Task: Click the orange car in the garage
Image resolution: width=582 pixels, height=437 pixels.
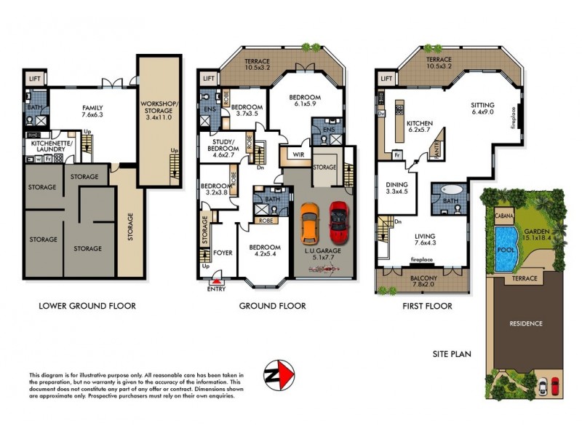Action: pyautogui.click(x=310, y=223)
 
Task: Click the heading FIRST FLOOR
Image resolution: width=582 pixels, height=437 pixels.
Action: pyautogui.click(x=427, y=306)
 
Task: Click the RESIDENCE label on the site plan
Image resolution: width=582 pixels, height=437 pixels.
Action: pyautogui.click(x=526, y=323)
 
